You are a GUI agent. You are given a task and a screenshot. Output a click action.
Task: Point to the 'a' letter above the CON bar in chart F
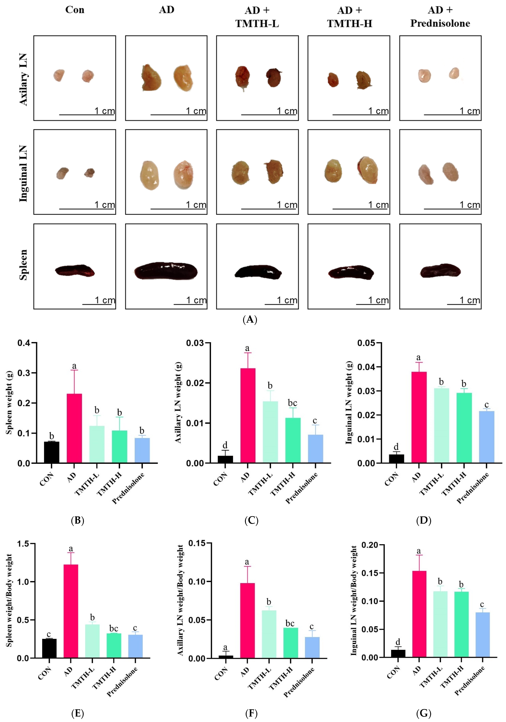[x=225, y=647]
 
